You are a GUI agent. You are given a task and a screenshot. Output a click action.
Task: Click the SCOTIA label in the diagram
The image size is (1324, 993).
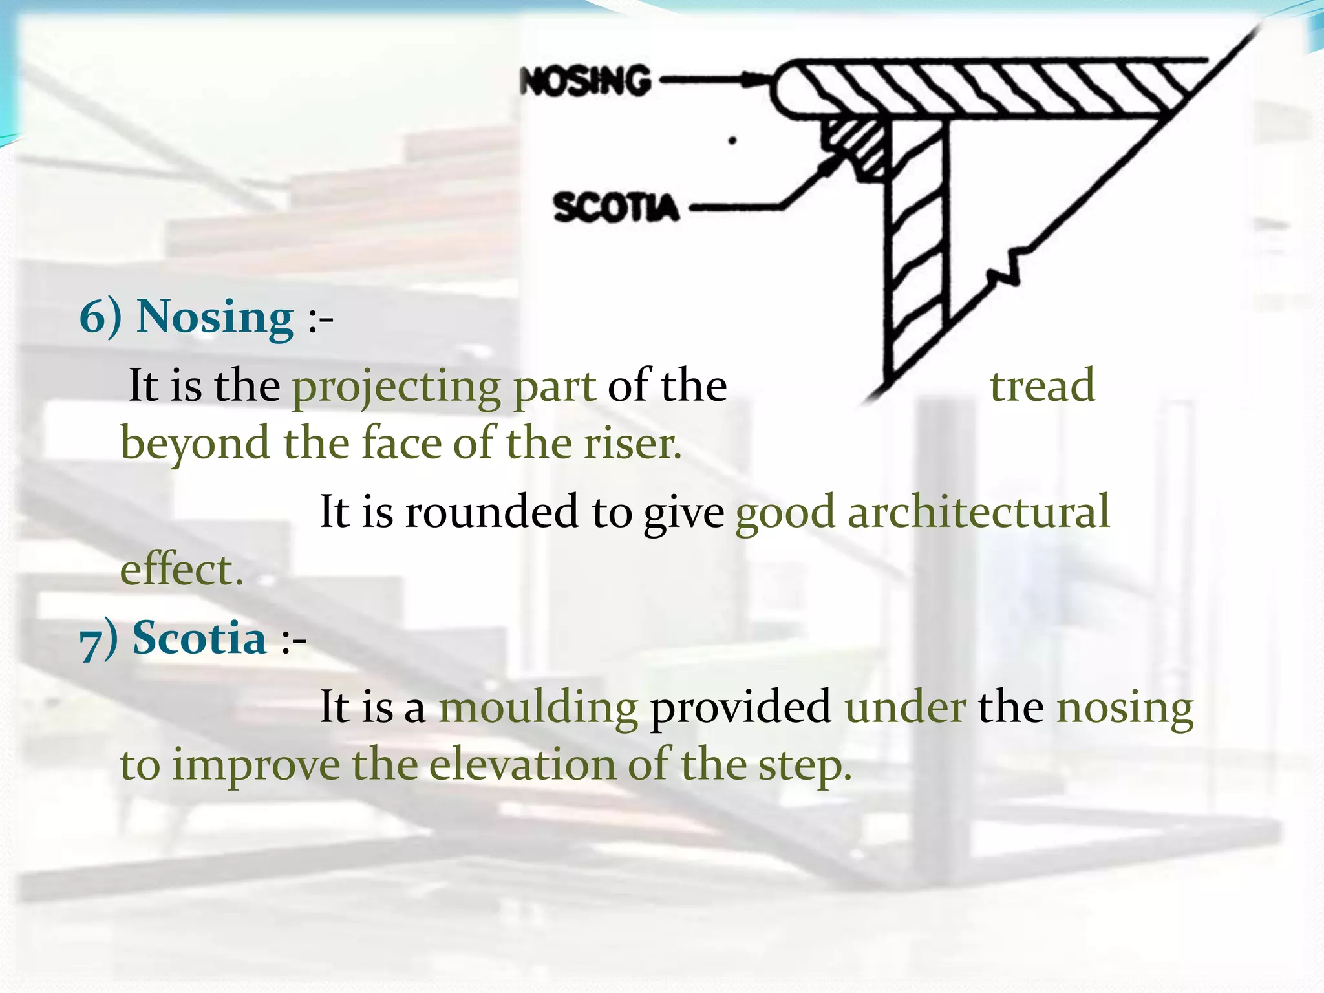pyautogui.click(x=615, y=208)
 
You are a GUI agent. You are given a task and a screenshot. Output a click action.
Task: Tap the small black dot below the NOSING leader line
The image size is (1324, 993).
pyautogui.click(x=732, y=140)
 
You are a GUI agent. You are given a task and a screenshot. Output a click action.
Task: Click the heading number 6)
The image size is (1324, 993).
pyautogui.click(x=100, y=317)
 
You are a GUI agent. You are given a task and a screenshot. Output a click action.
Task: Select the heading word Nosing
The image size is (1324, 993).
pyautogui.click(x=215, y=317)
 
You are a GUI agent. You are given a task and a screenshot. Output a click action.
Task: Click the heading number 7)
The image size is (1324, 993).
pyautogui.click(x=98, y=639)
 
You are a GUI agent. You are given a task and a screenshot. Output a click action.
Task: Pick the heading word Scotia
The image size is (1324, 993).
pyautogui.click(x=199, y=638)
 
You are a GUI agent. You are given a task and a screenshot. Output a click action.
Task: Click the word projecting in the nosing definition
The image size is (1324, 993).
pyautogui.click(x=396, y=387)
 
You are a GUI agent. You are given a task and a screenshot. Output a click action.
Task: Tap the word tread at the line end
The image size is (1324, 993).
pyautogui.click(x=1042, y=386)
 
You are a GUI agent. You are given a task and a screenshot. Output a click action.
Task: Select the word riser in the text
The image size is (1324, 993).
pyautogui.click(x=632, y=444)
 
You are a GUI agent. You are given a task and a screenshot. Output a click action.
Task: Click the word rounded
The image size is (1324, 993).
pyautogui.click(x=491, y=511)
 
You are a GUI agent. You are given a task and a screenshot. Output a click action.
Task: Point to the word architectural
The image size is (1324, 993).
pyautogui.click(x=978, y=511)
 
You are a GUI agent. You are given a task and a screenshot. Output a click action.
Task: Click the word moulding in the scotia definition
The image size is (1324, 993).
pyautogui.click(x=539, y=707)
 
